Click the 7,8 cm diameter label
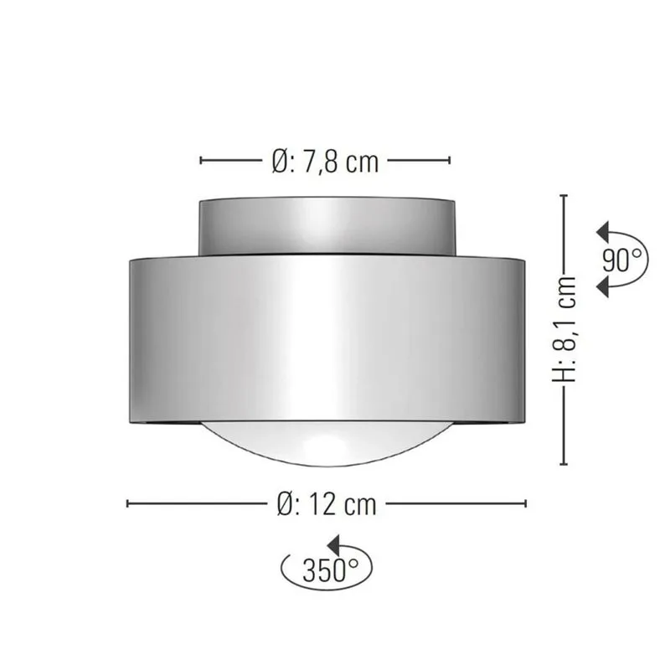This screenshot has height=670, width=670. coord(326,161)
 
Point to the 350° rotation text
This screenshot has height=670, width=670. coord(325,572)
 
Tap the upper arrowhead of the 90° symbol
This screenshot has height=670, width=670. coord(600,231)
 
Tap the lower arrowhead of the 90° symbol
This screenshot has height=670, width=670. coord(600,287)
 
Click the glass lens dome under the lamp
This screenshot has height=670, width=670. coord(327,444)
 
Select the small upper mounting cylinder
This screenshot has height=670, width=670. coord(327,226)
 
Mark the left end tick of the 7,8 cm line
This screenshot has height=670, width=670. coord(201,160)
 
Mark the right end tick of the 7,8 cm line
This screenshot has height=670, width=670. coord(451,160)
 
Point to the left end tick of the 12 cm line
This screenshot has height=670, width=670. coord(127,503)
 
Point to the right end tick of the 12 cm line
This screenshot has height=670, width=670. coord(526,503)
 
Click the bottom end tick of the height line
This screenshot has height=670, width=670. coord(565,463)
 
